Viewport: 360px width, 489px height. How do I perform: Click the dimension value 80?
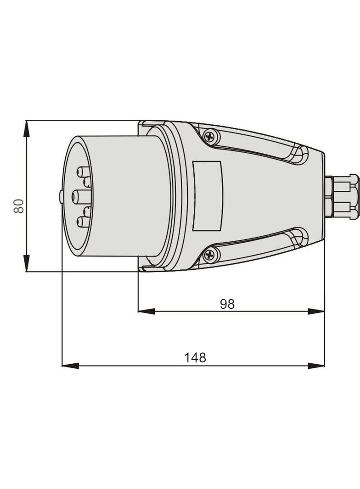[x=19, y=206]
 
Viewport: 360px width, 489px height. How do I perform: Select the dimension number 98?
[x=227, y=304]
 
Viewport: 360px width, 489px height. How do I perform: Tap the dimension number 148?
[x=195, y=357]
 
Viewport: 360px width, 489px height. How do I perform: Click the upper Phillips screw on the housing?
[x=210, y=136]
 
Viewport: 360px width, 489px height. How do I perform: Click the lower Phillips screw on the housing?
[x=210, y=255]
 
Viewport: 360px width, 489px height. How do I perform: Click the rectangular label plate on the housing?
[x=207, y=196]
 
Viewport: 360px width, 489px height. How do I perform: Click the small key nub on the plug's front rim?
[x=61, y=197]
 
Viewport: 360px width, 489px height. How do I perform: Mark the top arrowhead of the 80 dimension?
[x=27, y=129]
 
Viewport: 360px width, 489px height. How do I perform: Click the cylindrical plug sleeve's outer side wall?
[x=124, y=196]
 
